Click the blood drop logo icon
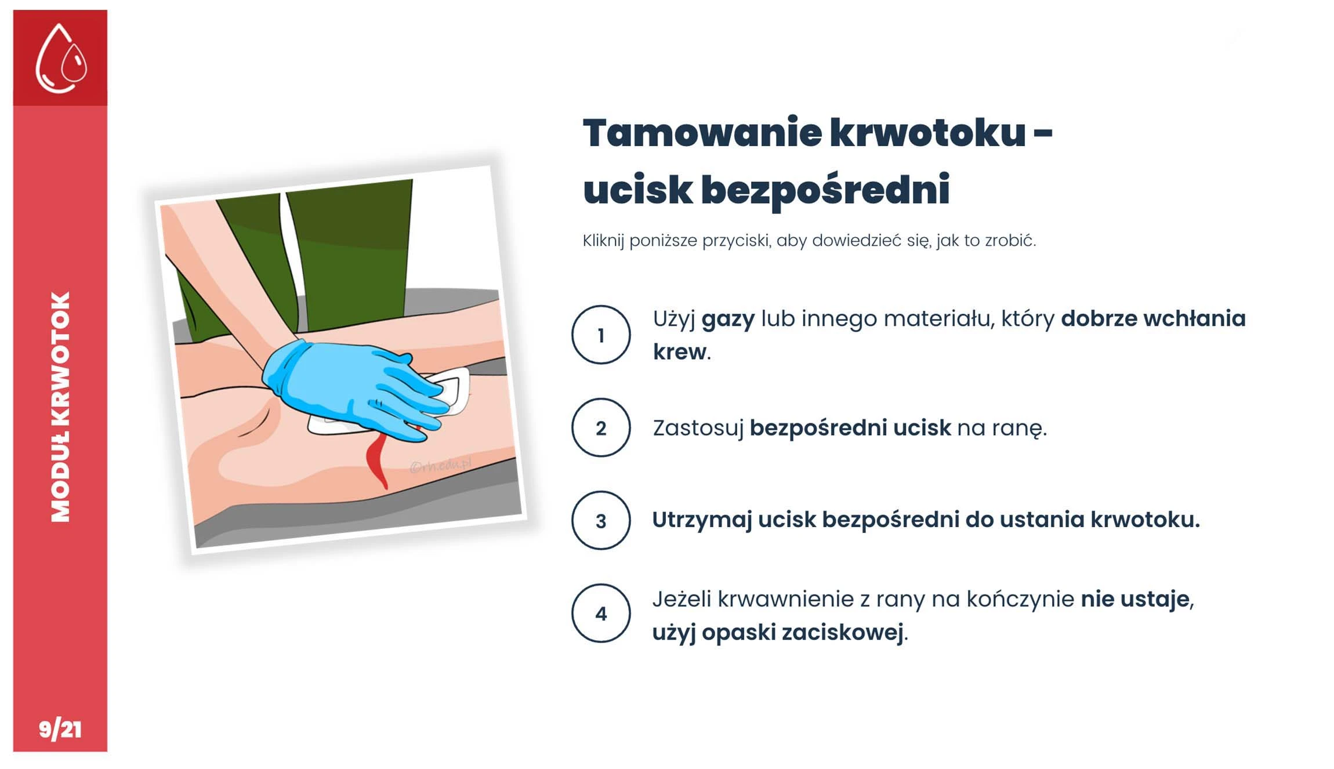(x=61, y=58)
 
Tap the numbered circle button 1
(x=600, y=335)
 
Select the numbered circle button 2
(x=600, y=427)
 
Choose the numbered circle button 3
(x=600, y=520)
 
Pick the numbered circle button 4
(x=600, y=613)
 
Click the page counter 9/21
(x=60, y=729)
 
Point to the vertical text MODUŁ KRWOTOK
(x=60, y=407)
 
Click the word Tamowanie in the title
(x=702, y=133)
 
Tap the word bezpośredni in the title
(x=825, y=190)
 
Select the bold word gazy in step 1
(x=728, y=320)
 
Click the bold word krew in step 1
(x=679, y=351)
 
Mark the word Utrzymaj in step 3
(x=702, y=520)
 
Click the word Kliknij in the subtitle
(x=603, y=241)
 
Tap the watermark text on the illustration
(x=441, y=465)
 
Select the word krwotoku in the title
(x=927, y=133)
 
